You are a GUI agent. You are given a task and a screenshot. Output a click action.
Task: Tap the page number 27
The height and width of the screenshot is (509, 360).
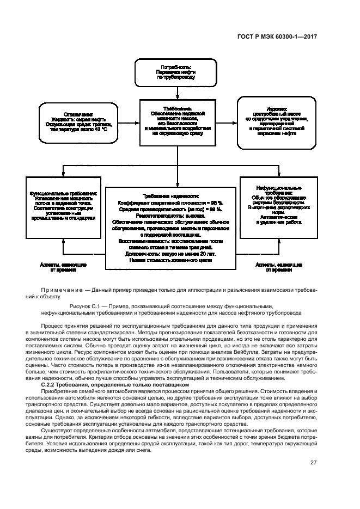point(313,463)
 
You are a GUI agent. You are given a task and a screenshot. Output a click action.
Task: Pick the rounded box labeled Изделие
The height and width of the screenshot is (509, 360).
point(277,123)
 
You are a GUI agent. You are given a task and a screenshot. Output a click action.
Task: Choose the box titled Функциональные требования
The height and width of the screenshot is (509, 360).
point(64,206)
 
